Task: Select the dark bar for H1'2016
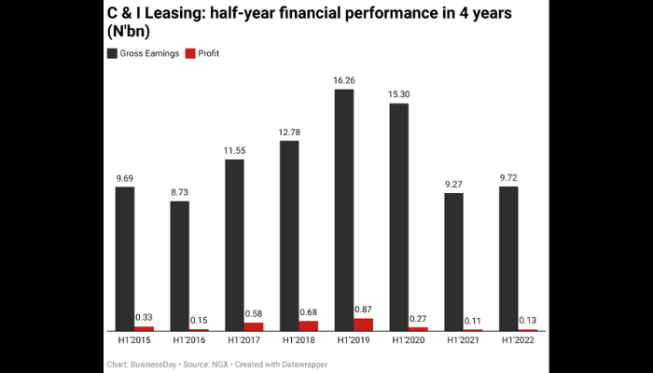click(180, 266)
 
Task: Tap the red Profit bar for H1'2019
click(364, 325)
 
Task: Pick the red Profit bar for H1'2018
click(309, 325)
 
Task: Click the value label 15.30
click(398, 94)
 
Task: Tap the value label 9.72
click(508, 177)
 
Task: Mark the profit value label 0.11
click(473, 321)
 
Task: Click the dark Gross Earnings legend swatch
click(112, 54)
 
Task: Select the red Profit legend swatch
click(191, 54)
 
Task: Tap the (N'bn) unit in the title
click(131, 33)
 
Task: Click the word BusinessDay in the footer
click(154, 363)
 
